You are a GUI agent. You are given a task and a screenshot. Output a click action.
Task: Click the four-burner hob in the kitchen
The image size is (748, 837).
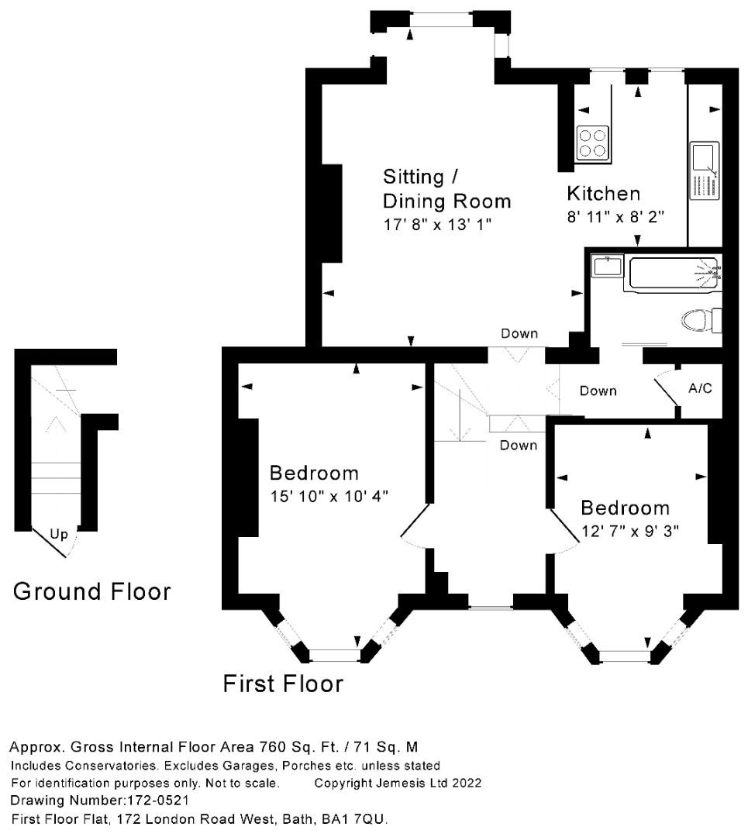click(593, 142)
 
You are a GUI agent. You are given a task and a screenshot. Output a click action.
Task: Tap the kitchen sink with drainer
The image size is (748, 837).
click(705, 171)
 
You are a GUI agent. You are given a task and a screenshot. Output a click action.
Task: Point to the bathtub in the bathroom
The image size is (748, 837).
click(673, 274)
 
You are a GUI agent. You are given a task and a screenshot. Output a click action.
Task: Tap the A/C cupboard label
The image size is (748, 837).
click(701, 389)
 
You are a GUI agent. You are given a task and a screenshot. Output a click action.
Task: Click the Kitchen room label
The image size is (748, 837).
click(604, 193)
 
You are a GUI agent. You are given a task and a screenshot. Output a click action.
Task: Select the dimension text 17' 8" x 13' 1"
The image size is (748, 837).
click(438, 225)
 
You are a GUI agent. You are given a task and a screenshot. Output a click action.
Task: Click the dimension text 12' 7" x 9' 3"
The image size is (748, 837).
click(632, 532)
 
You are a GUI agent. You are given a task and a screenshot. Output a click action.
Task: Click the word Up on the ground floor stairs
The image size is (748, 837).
click(59, 533)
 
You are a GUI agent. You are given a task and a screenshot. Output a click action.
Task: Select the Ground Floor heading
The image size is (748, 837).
click(92, 592)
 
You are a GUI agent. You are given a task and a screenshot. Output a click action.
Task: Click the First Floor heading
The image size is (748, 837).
click(283, 684)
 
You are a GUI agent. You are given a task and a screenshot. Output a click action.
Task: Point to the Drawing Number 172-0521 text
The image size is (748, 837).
click(100, 800)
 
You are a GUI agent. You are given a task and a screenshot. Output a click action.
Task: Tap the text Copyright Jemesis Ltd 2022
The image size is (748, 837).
click(398, 783)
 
